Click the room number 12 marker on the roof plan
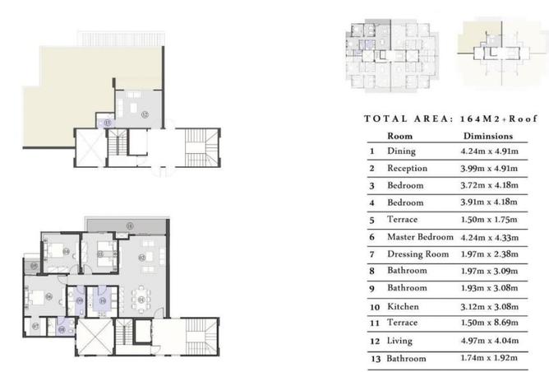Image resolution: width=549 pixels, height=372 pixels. (x=144, y=114)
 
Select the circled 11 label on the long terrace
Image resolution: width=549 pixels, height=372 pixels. (x=128, y=226)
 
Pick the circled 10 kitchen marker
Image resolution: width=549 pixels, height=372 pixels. (x=103, y=302)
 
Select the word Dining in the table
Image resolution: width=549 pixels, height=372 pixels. (x=402, y=151)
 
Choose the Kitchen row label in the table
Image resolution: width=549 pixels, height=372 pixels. (x=404, y=306)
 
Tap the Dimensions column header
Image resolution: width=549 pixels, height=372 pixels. (x=488, y=135)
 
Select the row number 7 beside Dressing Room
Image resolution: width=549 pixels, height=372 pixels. (x=371, y=254)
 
